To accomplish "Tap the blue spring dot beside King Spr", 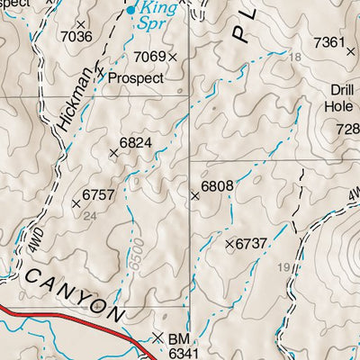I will pyautogui.click(x=130, y=11).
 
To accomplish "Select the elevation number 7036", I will pyautogui.click(x=75, y=37).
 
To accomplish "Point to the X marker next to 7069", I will pyautogui.click(x=173, y=57).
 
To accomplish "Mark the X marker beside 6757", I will pyautogui.click(x=76, y=204).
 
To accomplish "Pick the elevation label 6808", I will pyautogui.click(x=217, y=186).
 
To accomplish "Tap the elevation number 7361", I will pyautogui.click(x=328, y=42).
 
